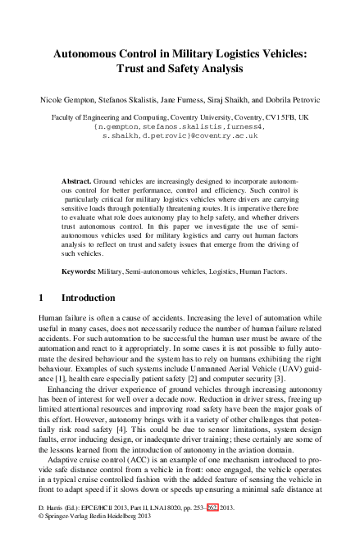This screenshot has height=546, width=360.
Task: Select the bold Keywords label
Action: (80, 269)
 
